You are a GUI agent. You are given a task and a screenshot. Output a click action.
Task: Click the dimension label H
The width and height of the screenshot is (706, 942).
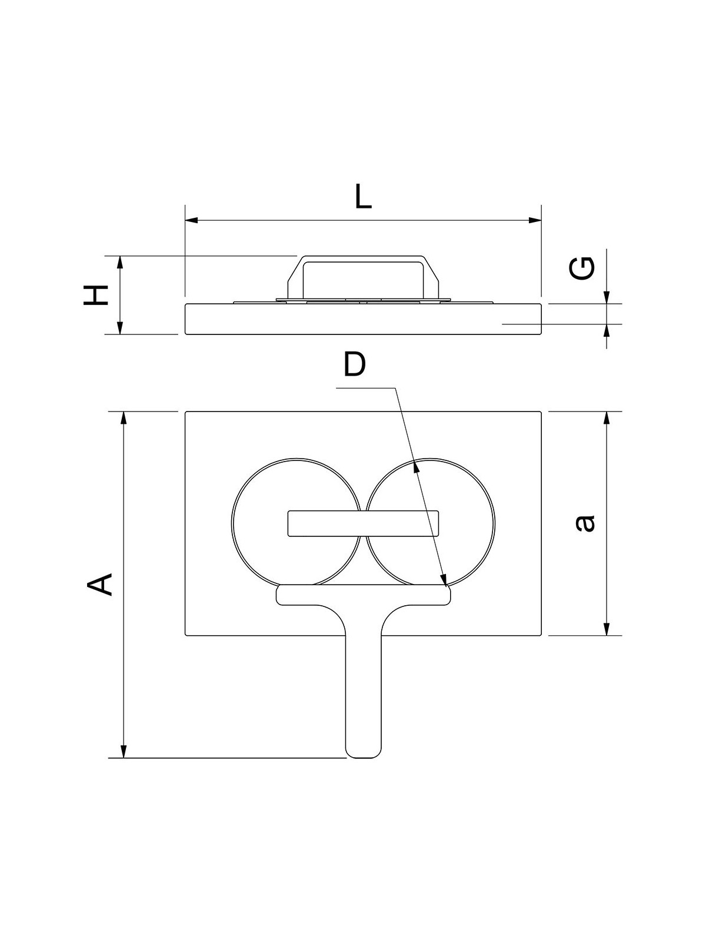[x=95, y=295]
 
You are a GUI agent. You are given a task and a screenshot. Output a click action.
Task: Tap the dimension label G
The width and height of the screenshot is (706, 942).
[x=582, y=268]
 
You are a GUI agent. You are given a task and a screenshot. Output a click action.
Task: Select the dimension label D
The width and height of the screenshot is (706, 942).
[x=355, y=364]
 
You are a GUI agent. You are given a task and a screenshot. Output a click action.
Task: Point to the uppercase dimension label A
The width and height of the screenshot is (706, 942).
[x=99, y=585]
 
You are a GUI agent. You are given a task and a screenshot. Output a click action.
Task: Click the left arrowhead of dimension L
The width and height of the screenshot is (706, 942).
[x=192, y=220]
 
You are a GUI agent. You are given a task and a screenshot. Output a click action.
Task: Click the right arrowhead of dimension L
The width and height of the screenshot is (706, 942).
[x=535, y=220]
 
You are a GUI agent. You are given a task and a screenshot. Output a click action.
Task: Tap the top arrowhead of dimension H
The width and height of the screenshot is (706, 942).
[x=120, y=262]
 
